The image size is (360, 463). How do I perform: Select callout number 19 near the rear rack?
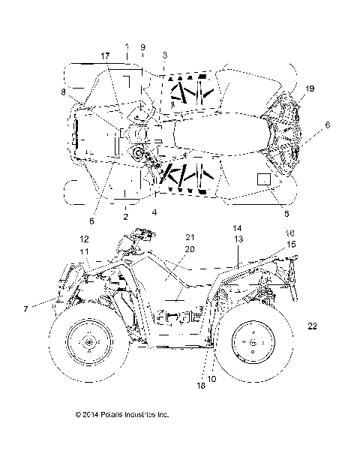pyautogui.click(x=310, y=89)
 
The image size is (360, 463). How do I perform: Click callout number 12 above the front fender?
pyautogui.click(x=85, y=239)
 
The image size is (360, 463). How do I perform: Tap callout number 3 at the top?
pyautogui.click(x=165, y=56)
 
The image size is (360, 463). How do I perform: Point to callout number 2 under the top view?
pyautogui.click(x=126, y=216)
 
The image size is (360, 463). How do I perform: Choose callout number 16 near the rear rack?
pyautogui.click(x=290, y=233)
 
